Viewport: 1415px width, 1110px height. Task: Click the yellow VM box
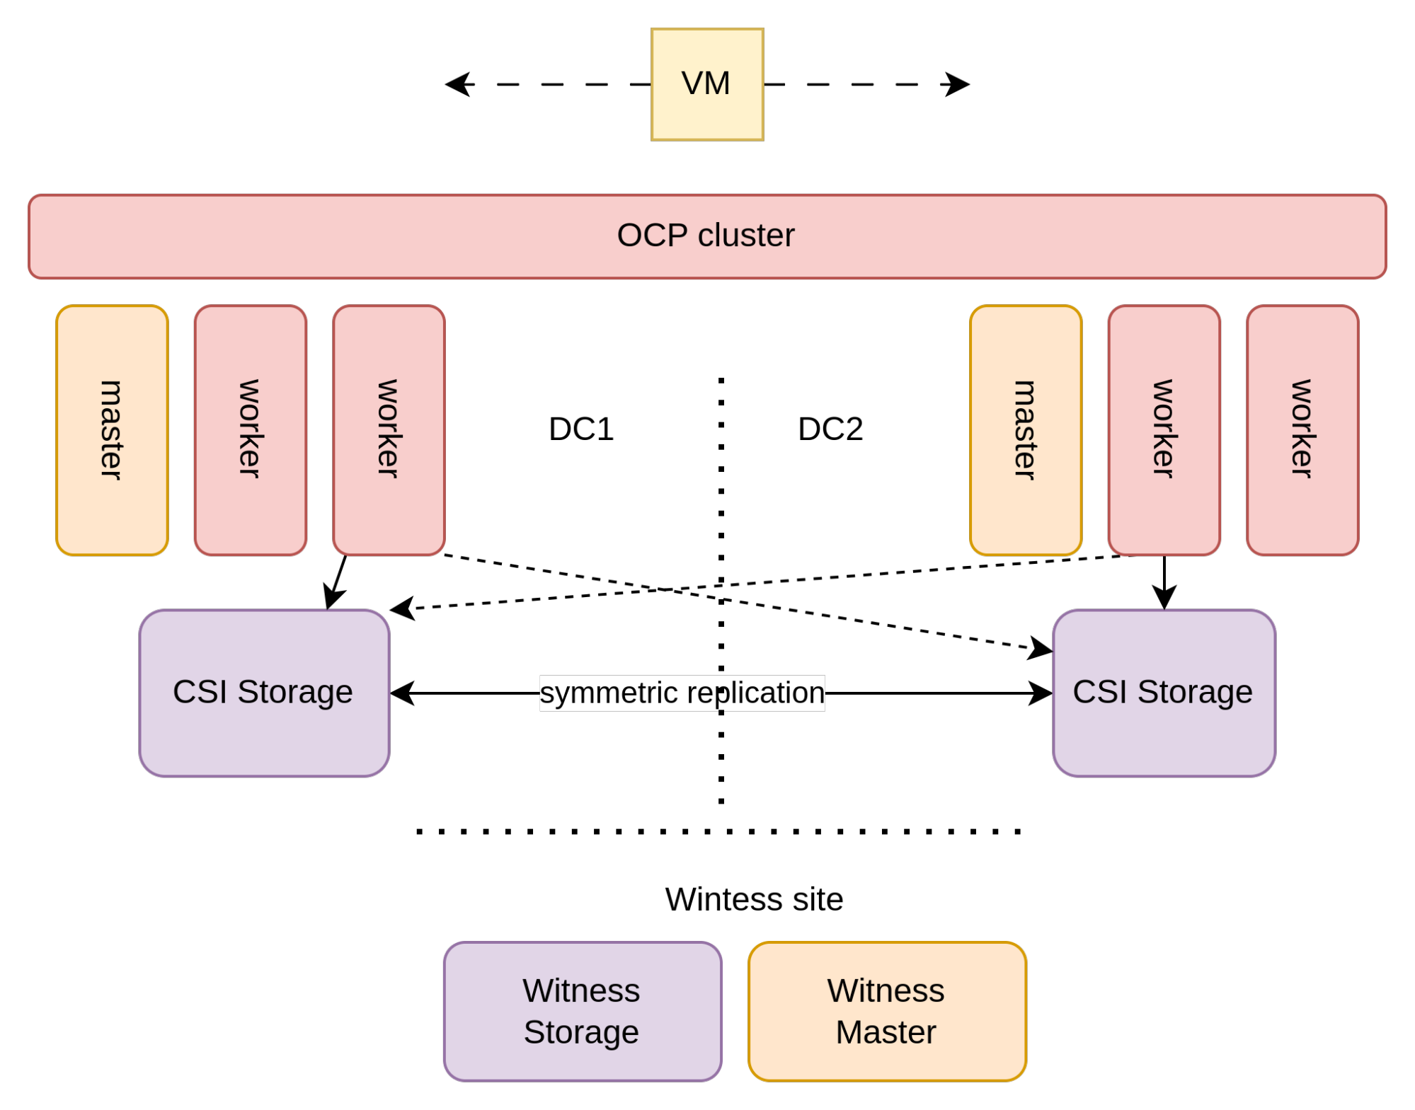[706, 84]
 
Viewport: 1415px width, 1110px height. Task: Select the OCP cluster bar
[706, 236]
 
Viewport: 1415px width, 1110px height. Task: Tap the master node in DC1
[112, 430]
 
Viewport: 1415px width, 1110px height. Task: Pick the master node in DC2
[1026, 430]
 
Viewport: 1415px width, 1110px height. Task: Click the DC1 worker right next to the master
[251, 430]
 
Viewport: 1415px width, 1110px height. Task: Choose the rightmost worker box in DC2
[1302, 430]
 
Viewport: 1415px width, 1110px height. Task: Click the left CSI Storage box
[264, 693]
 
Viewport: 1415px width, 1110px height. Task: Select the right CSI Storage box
[1164, 693]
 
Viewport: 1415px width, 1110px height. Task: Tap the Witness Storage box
[583, 1011]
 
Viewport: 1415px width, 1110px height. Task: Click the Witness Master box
[887, 1011]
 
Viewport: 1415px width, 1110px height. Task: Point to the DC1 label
[581, 429]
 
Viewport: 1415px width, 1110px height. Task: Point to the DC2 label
[830, 429]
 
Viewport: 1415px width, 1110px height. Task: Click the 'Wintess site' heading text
[754, 899]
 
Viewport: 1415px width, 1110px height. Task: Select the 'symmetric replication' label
[682, 693]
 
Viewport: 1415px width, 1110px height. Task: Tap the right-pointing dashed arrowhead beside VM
[956, 84]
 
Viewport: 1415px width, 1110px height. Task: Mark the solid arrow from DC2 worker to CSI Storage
[1164, 582]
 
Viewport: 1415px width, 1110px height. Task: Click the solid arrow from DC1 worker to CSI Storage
[336, 582]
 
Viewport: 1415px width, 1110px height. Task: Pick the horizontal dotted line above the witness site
[718, 831]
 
